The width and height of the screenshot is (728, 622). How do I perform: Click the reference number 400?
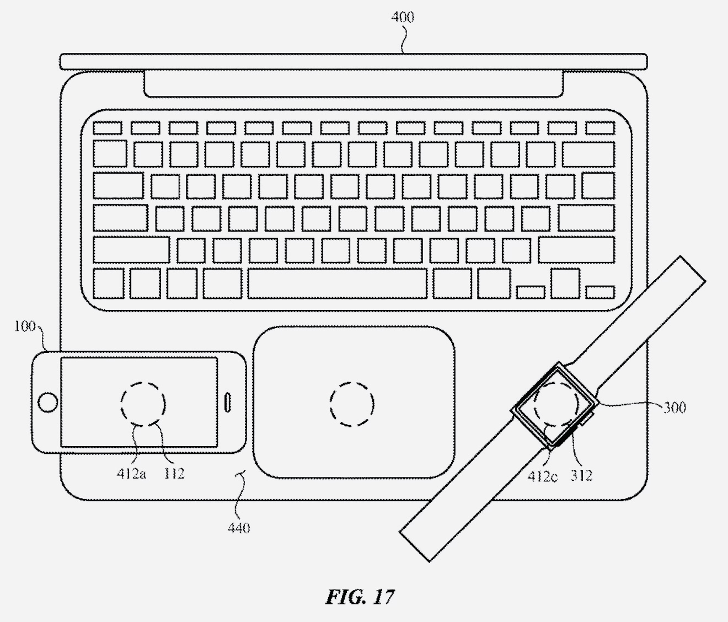[403, 17]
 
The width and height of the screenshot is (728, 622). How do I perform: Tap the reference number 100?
[25, 326]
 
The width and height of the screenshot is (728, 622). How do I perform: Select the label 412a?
[131, 474]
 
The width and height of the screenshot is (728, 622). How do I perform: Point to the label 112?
[174, 474]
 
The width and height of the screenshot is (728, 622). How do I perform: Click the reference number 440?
[239, 528]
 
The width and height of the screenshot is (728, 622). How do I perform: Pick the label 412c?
[542, 476]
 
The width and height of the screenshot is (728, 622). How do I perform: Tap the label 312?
[581, 476]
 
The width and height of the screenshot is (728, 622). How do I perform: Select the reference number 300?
[675, 408]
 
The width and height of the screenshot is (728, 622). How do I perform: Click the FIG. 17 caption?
[360, 597]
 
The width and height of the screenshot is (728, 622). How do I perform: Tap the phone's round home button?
[48, 402]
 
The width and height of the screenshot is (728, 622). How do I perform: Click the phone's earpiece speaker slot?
[228, 402]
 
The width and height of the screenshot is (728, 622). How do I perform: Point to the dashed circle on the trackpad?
[352, 382]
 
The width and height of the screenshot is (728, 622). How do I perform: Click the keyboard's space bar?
[338, 283]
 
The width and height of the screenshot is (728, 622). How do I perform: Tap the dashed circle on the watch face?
[556, 382]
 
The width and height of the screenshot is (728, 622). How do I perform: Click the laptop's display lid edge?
[354, 62]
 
